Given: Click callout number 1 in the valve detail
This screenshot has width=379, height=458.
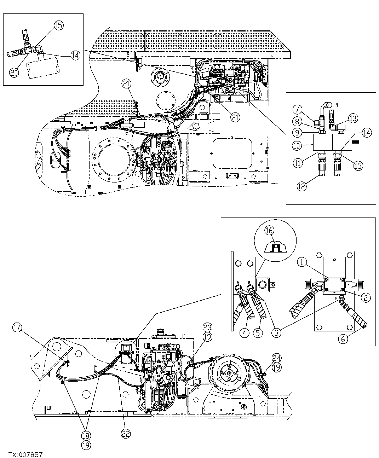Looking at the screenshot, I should (x=302, y=262).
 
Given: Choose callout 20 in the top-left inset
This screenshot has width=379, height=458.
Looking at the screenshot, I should (x=14, y=72).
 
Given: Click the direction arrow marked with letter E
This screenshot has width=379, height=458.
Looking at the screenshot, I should (x=193, y=128).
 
